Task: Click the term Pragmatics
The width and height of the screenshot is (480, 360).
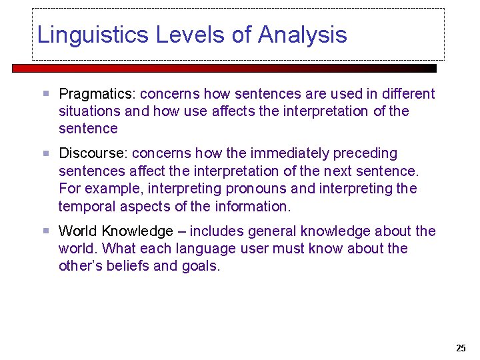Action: point(97,94)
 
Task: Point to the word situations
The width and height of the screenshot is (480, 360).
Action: point(89,111)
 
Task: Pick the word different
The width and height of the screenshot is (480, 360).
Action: point(407,94)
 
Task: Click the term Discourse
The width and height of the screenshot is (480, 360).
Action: point(93,154)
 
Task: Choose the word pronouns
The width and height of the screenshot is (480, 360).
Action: point(255,189)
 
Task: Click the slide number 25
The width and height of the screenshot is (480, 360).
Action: point(461,348)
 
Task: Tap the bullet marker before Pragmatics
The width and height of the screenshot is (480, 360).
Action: point(45,94)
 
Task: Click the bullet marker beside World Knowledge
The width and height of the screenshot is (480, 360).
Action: point(45,231)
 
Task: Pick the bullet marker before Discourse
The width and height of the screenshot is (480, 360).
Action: point(45,154)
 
